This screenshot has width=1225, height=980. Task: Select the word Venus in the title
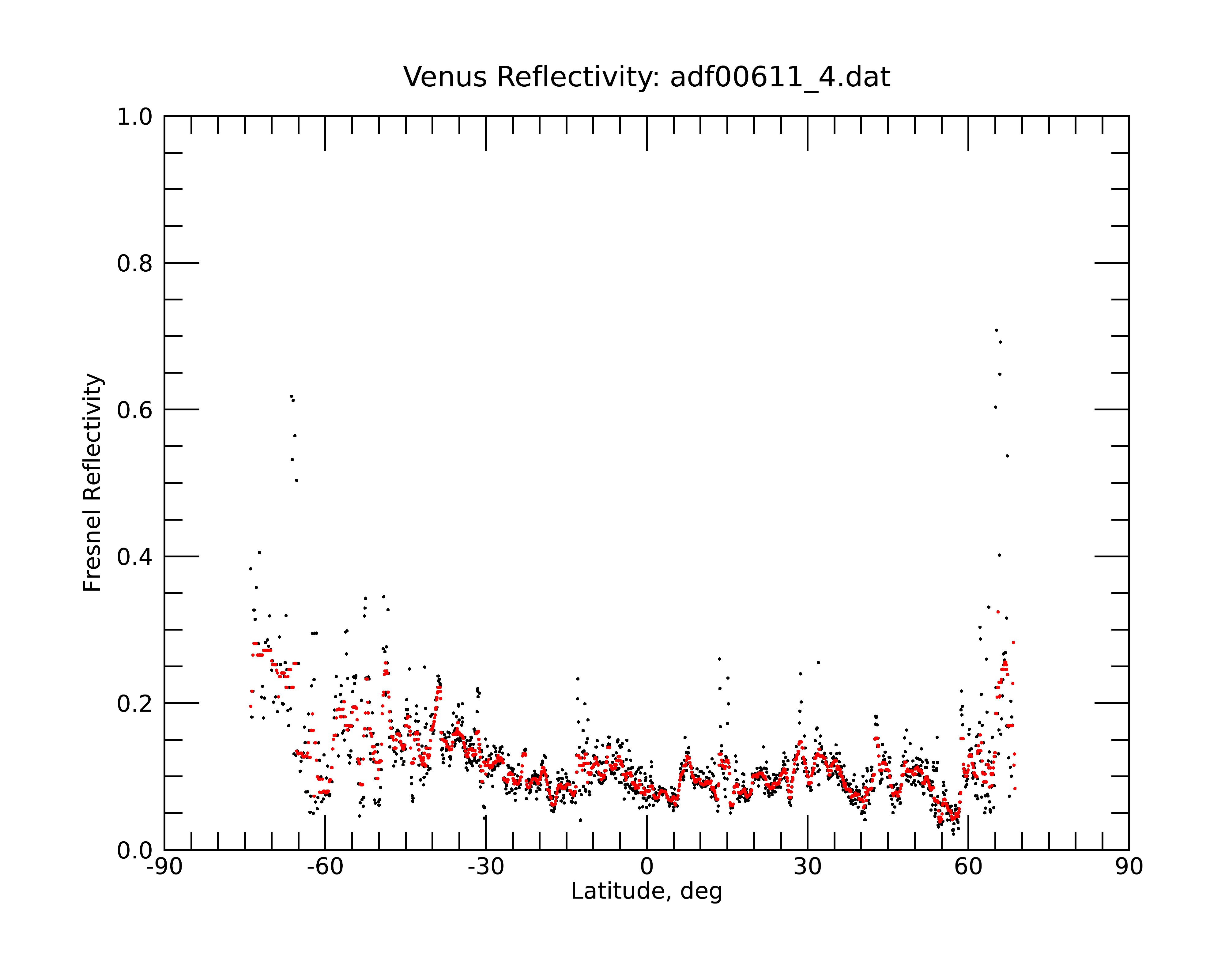445,77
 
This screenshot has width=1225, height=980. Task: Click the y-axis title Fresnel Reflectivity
92,483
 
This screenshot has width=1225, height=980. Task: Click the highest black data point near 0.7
996,330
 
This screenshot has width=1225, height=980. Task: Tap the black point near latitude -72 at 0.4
259,552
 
